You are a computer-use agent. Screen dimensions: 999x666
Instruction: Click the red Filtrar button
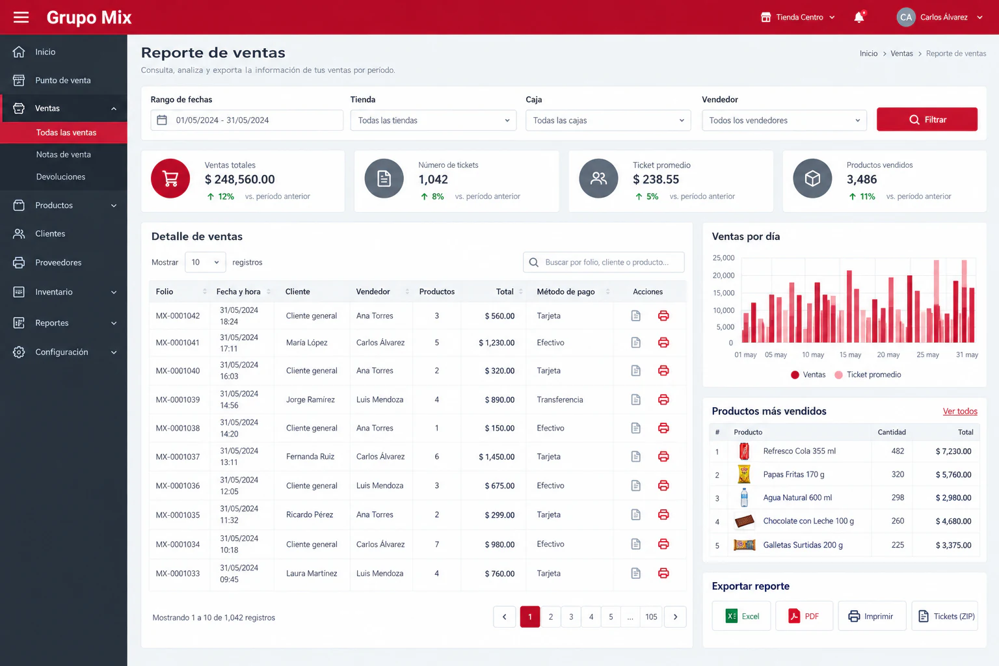click(927, 119)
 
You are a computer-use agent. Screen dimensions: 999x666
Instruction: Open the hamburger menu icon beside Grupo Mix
click(21, 18)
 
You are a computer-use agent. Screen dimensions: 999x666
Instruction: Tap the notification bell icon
click(859, 17)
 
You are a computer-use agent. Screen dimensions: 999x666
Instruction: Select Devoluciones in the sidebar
click(60, 177)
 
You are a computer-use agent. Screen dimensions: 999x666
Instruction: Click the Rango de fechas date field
click(246, 120)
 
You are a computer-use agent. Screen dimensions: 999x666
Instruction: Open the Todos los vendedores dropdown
click(784, 120)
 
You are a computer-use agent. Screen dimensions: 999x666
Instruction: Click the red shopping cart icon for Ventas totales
click(170, 178)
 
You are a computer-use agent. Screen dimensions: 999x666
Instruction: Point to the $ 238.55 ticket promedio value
click(656, 180)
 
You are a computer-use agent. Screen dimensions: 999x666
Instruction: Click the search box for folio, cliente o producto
click(604, 262)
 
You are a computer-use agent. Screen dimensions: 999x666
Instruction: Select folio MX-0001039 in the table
click(178, 400)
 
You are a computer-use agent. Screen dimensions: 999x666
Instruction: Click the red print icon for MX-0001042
click(663, 316)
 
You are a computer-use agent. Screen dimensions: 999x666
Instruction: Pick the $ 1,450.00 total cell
click(496, 457)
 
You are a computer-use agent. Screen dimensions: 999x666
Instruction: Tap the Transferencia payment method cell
click(560, 400)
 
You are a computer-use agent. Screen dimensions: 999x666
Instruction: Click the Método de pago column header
click(565, 292)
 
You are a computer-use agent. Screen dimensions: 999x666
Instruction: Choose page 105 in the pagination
click(651, 617)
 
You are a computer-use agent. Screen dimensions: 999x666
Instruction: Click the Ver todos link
click(960, 411)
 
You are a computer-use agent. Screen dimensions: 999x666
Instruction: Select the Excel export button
click(741, 616)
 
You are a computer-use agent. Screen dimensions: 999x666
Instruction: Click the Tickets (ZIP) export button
click(944, 616)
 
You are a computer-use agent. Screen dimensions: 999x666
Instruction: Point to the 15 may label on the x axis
click(850, 354)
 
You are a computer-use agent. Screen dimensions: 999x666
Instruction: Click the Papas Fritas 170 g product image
click(744, 474)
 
